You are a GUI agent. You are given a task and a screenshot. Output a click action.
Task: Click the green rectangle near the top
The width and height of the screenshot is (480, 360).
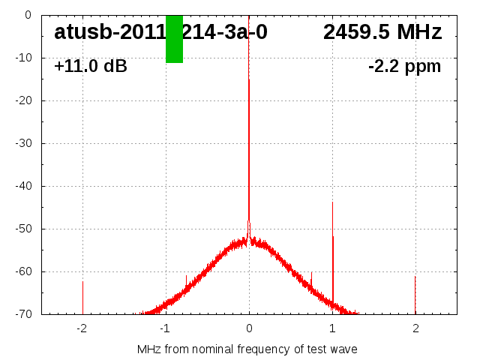pyautogui.click(x=174, y=39)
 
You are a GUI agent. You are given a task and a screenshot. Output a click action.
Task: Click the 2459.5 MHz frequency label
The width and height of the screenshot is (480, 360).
pyautogui.click(x=382, y=32)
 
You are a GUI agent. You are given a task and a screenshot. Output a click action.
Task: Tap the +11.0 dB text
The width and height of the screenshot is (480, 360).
pyautogui.click(x=91, y=66)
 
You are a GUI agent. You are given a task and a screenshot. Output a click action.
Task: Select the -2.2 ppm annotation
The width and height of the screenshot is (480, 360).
pyautogui.click(x=405, y=66)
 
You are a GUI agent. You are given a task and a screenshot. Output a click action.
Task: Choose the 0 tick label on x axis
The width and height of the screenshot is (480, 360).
pyautogui.click(x=249, y=328)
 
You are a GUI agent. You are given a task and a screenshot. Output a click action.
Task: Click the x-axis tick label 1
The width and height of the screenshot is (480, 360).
pyautogui.click(x=332, y=328)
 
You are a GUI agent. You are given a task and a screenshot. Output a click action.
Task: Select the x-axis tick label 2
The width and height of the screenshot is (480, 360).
pyautogui.click(x=415, y=328)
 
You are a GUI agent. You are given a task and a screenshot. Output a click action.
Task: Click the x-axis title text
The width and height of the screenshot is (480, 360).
pyautogui.click(x=247, y=349)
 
